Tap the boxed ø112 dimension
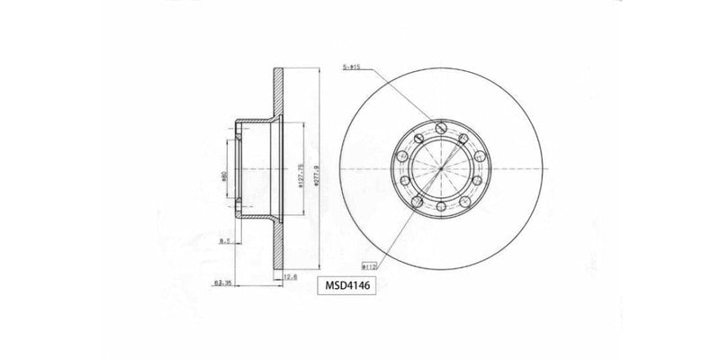367,266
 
